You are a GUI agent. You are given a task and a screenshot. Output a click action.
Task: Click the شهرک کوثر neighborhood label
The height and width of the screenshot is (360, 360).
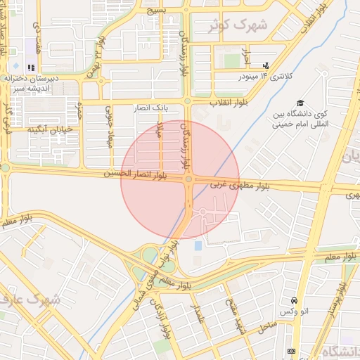(x=239, y=25)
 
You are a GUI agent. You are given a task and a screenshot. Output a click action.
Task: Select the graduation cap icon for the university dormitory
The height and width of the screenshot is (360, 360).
(x=300, y=103)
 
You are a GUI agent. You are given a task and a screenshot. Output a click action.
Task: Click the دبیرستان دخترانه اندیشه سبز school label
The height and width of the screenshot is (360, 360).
(x=29, y=84)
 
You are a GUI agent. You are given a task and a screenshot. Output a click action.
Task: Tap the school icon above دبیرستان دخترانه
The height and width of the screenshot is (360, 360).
(x=31, y=67)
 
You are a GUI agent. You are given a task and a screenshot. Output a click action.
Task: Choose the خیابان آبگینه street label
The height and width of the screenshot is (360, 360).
(x=50, y=129)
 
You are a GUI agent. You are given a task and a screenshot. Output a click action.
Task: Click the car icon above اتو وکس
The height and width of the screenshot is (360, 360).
(x=302, y=299)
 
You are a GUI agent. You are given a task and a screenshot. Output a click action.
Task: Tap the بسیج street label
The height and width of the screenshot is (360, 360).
(x=156, y=11)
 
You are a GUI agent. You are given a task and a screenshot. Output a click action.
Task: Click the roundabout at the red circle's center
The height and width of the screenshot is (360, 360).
(x=188, y=180)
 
